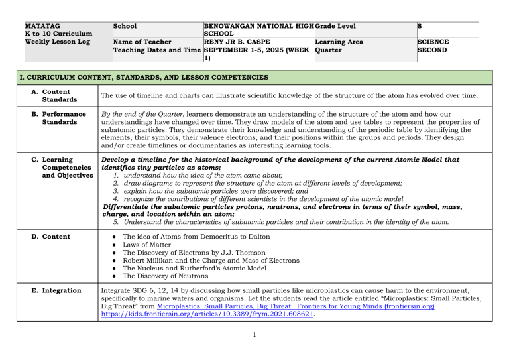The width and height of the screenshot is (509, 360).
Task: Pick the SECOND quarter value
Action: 432,50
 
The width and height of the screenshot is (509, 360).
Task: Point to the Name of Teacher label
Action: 142,41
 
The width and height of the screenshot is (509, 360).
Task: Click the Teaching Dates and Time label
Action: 157,50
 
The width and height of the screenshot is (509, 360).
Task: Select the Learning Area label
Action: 339,41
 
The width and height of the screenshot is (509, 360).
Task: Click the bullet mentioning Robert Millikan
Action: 212,261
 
